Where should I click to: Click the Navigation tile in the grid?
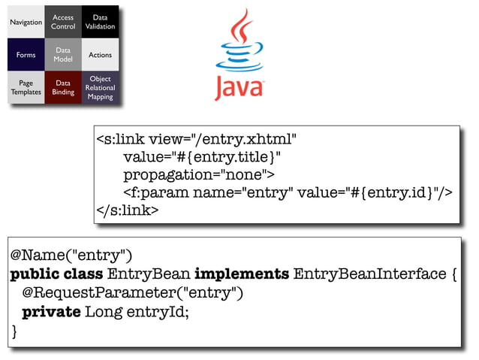26,23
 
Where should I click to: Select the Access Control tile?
63,23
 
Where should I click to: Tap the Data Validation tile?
100,23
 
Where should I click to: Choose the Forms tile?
26,55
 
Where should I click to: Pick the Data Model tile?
63,55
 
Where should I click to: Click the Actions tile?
100,55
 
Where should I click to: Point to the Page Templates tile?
26,88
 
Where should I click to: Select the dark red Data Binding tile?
63,88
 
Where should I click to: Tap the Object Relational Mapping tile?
100,88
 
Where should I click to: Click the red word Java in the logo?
239,87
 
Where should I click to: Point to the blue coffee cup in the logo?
239,59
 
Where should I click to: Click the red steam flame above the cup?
240,26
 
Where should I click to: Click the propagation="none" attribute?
199,175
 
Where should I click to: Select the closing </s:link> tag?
127,210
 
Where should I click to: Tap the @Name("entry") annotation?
71,256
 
